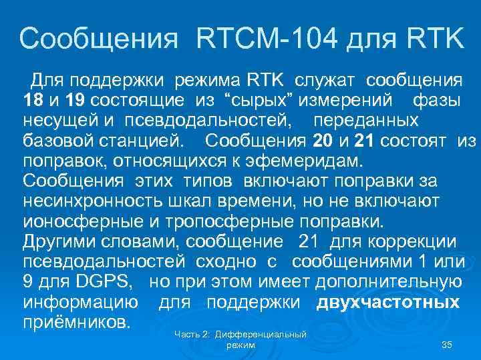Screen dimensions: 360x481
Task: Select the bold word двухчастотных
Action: (x=388, y=302)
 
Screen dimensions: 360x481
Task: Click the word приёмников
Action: (x=76, y=322)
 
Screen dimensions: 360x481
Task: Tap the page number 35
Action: (x=448, y=344)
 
